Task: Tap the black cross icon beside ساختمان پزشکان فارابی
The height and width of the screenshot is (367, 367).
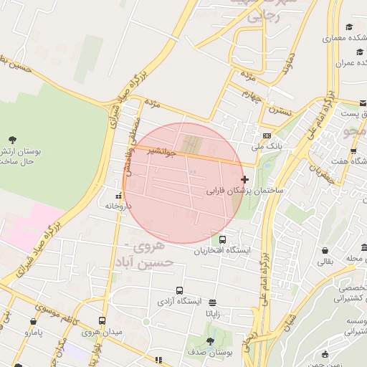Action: pyautogui.click(x=245, y=179)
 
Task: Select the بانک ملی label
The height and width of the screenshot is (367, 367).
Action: pyautogui.click(x=267, y=146)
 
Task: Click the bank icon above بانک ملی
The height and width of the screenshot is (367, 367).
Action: pyautogui.click(x=267, y=135)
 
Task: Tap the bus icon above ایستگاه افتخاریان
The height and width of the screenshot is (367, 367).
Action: pyautogui.click(x=223, y=239)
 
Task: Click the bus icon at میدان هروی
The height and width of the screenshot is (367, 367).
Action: pyautogui.click(x=103, y=321)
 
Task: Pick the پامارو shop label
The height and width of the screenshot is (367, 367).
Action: pyautogui.click(x=31, y=333)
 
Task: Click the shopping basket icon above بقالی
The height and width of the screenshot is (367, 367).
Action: pyautogui.click(x=326, y=251)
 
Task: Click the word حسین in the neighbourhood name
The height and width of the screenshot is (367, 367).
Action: pyautogui.click(x=157, y=263)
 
